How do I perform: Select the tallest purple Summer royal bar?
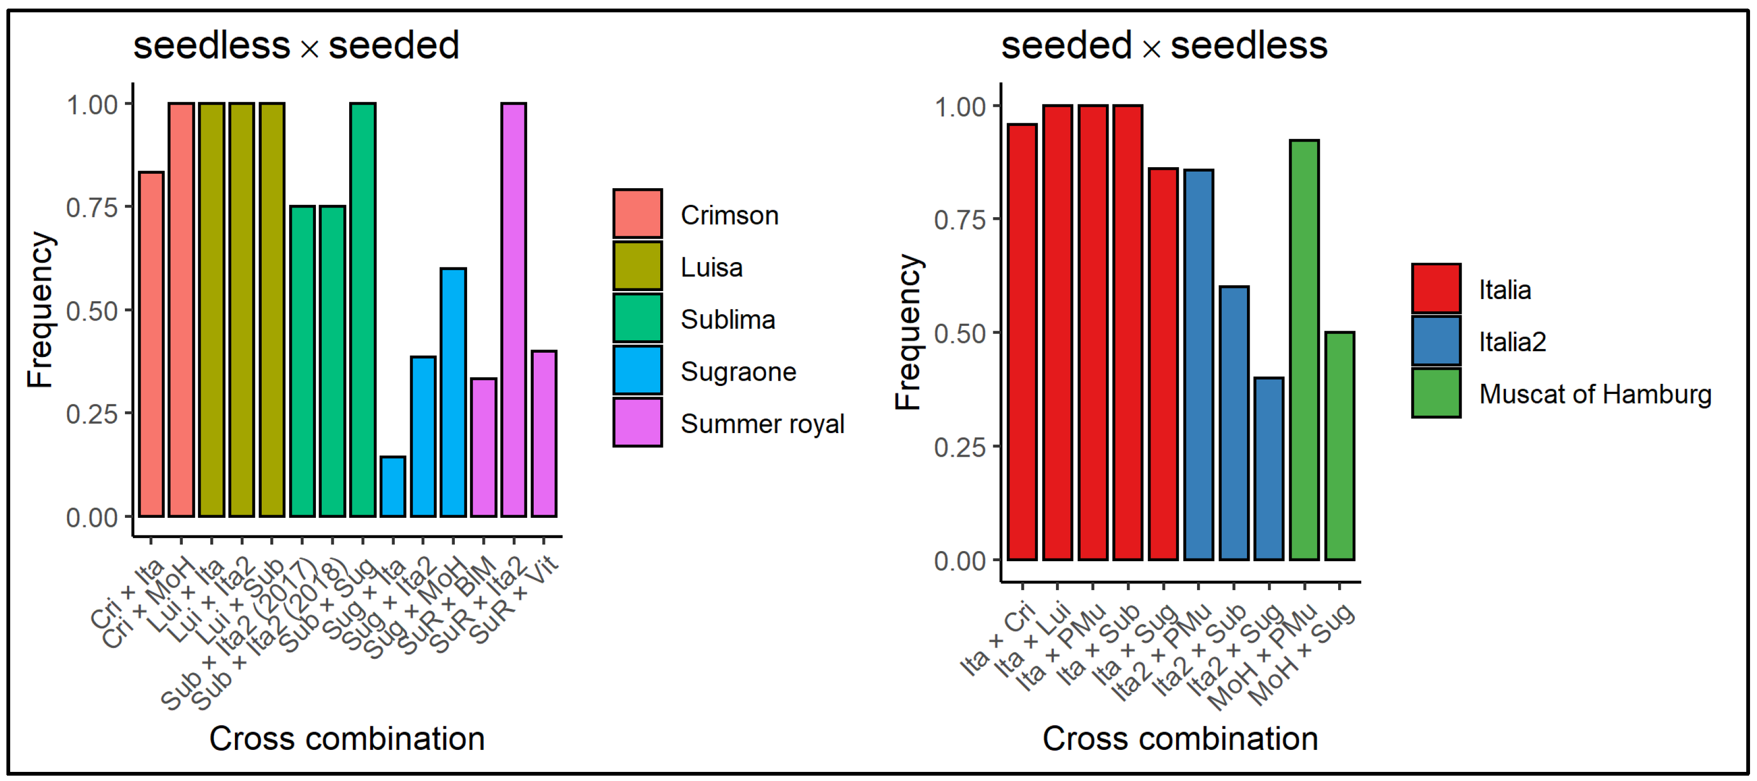[514, 310]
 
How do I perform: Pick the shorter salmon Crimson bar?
[151, 344]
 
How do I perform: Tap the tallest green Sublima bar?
[362, 310]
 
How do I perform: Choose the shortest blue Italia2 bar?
[1268, 469]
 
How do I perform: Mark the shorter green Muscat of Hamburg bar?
[1340, 447]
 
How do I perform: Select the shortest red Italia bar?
[1163, 365]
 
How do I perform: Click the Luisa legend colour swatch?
[637, 266]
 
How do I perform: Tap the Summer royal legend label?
[762, 424]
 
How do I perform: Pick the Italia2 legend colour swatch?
[1436, 341]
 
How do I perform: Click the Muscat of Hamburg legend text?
[1594, 394]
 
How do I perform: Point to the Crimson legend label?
[729, 215]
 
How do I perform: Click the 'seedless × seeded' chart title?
[296, 46]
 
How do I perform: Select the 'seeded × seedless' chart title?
[1164, 46]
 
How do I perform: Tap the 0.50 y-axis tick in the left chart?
[92, 311]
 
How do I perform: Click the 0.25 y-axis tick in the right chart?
[959, 447]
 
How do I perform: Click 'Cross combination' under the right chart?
[1180, 739]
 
